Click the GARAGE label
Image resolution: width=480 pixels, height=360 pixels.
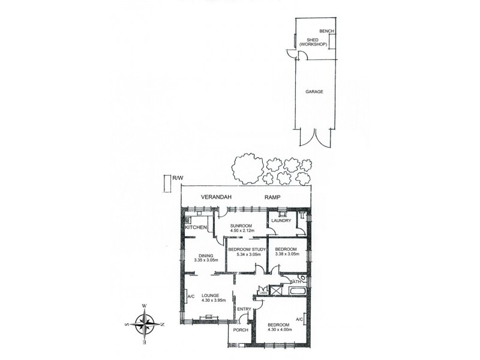pos(314,92)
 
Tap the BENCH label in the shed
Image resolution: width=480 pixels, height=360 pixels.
pos(326,31)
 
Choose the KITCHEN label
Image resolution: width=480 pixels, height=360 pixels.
pos(196,228)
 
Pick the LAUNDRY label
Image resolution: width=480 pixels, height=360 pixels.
pos(281,221)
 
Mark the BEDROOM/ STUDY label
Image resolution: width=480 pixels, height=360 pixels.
pos(247,249)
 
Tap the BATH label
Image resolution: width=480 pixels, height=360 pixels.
pos(295,281)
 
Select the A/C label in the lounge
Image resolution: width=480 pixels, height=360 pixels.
pos(191,296)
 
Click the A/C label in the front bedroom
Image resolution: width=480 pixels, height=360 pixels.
pos(299,319)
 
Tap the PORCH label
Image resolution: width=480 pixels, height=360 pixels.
pos(241,330)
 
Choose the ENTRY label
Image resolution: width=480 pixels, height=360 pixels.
pos(244,309)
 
